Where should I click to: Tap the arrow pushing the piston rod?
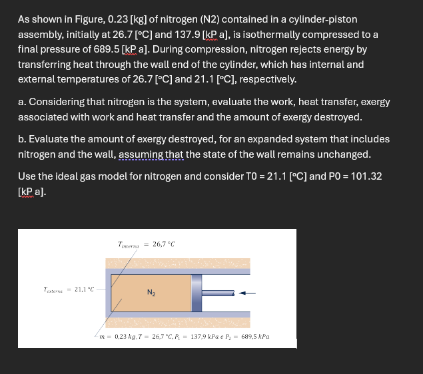(x=246, y=291)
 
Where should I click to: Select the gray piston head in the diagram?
(x=197, y=292)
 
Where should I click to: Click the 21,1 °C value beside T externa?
(x=85, y=289)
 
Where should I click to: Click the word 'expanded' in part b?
(x=258, y=139)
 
